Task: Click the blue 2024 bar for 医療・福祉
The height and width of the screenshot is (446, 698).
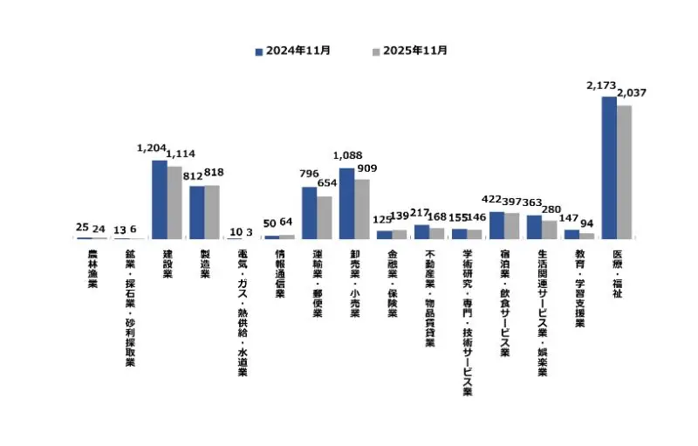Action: pyautogui.click(x=609, y=168)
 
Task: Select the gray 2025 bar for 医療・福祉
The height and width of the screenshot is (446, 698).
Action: pyautogui.click(x=624, y=172)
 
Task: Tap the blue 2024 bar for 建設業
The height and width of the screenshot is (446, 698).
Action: pyautogui.click(x=159, y=199)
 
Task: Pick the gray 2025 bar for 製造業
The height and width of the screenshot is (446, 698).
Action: pyautogui.click(x=212, y=212)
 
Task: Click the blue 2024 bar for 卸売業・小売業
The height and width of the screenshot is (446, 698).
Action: pyautogui.click(x=346, y=203)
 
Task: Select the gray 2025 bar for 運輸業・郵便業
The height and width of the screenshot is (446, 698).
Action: pyautogui.click(x=324, y=217)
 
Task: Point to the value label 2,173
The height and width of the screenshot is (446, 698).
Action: pyautogui.click(x=601, y=86)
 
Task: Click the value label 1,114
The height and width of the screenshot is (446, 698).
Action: pyautogui.click(x=181, y=154)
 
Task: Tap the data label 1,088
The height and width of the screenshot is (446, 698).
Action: pyautogui.click(x=347, y=156)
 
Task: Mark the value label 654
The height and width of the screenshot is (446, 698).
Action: pyautogui.click(x=326, y=184)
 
